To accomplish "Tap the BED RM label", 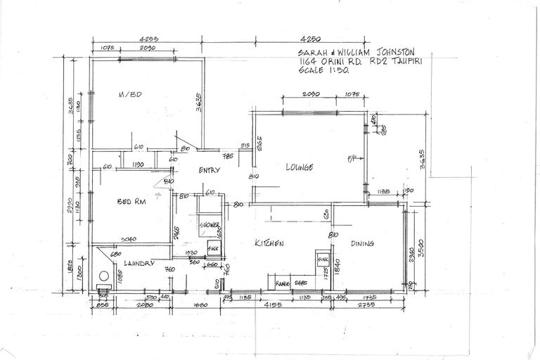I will click(131, 202).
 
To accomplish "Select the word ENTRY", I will click(210, 170).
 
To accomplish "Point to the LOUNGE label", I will click(298, 167).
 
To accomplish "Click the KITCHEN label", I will click(269, 243).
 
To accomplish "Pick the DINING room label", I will click(362, 244).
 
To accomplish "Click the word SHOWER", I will click(210, 225).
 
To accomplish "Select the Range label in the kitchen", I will click(284, 283).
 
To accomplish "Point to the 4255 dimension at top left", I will click(148, 40).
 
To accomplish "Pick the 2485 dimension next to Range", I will click(302, 283).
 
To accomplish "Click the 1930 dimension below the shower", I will click(192, 252).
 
